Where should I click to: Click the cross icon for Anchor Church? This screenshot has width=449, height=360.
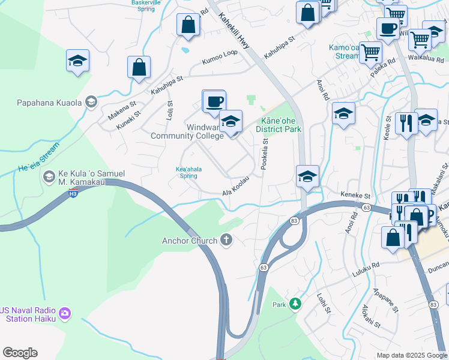tap(226, 241)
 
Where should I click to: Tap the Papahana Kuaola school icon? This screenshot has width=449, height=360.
tap(91, 101)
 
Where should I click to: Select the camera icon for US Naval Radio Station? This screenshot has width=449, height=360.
tap(65, 313)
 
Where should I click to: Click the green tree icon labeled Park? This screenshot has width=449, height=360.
tap(295, 304)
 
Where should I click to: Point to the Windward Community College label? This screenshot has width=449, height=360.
tap(187, 131)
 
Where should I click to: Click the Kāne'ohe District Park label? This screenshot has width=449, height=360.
tap(278, 125)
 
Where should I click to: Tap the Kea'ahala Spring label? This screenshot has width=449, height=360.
tap(188, 173)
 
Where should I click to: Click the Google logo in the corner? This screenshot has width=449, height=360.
tap(20, 353)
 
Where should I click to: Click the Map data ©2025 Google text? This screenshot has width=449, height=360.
tap(412, 355)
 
